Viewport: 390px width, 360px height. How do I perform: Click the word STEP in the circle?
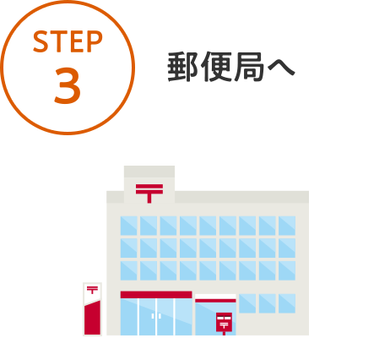[68, 41]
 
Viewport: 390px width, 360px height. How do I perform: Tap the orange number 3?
[68, 85]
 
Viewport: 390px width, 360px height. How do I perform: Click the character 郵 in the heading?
[182, 67]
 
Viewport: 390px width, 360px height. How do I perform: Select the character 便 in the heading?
[215, 67]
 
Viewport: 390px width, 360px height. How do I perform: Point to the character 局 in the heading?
[249, 67]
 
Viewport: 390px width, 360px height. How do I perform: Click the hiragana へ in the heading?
[281, 68]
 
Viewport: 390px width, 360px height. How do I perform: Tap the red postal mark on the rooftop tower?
[149, 194]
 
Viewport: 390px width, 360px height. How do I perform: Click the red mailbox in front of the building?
[224, 323]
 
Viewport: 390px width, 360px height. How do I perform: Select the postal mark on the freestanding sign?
[92, 290]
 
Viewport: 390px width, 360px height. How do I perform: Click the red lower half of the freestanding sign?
[93, 319]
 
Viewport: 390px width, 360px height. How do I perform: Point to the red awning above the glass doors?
[156, 295]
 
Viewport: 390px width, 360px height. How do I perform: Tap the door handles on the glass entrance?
[156, 316]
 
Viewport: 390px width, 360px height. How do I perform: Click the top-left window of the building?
[129, 226]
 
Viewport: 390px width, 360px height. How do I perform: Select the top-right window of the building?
[287, 226]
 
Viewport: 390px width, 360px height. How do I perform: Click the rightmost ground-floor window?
[287, 303]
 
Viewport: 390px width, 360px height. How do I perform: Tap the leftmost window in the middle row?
[129, 248]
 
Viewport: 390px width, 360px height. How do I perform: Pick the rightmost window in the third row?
[287, 270]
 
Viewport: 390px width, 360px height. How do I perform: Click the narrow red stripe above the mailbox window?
[215, 301]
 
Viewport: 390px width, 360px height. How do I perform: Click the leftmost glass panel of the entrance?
[129, 317]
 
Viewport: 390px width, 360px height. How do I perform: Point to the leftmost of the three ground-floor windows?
[247, 303]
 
